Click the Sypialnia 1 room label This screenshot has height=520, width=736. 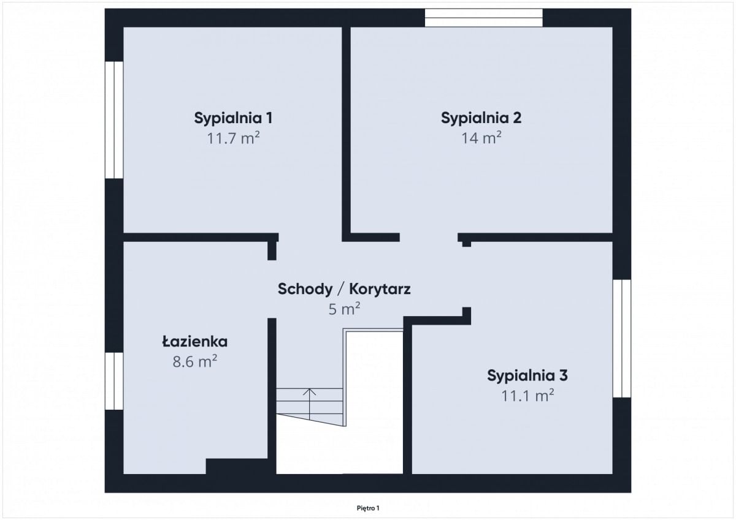point(233,118)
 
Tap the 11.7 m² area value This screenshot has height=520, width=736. point(233,138)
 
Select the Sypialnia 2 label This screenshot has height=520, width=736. point(481,118)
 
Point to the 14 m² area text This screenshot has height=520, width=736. point(481,138)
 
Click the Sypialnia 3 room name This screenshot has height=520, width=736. point(527,375)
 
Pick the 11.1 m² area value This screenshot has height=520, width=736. point(527,396)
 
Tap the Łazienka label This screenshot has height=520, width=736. point(195,342)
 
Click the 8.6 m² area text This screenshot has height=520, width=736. point(195,361)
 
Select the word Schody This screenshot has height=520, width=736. point(305,290)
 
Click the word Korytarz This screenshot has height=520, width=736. point(380,290)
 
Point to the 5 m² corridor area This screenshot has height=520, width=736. point(344,309)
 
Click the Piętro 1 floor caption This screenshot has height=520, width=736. point(368,508)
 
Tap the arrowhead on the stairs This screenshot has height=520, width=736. point(309,392)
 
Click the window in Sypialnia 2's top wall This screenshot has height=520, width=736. point(484,18)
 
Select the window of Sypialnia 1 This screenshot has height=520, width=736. point(114,120)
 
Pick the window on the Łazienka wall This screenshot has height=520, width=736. point(114,381)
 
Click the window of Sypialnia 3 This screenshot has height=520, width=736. point(622,339)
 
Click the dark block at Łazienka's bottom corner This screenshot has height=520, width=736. point(241,467)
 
